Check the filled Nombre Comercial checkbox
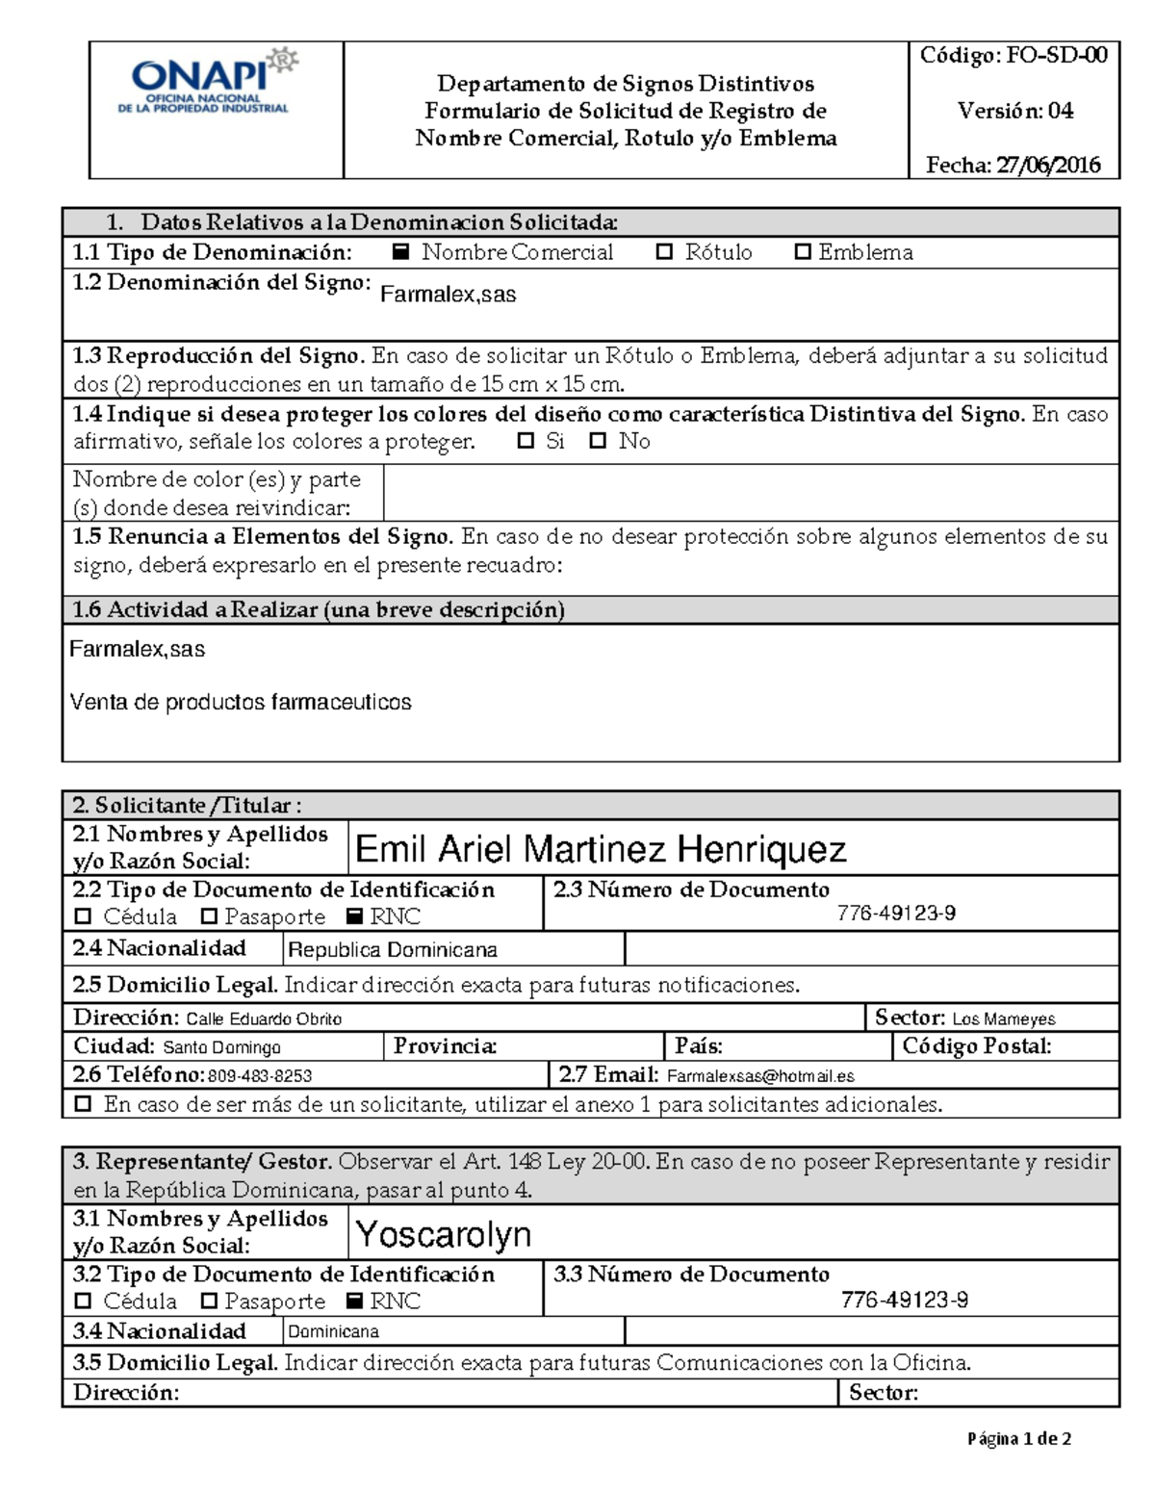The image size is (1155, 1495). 401,252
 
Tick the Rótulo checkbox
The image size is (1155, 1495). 664,252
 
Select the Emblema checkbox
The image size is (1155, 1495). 803,252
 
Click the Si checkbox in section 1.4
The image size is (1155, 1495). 526,442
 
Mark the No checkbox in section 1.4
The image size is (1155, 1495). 599,442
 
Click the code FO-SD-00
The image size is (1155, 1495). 1057,56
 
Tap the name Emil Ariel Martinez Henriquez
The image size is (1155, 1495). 601,849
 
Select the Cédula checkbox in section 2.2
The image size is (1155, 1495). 83,916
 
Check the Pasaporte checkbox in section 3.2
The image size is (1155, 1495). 209,1302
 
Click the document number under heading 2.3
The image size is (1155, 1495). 896,914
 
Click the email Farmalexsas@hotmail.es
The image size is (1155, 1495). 760,1076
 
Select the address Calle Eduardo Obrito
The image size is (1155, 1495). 264,1019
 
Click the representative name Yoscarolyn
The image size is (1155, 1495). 443,1234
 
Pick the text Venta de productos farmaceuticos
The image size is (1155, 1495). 241,703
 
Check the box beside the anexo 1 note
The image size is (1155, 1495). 84,1104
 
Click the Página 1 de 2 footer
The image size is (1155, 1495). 1019,1439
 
